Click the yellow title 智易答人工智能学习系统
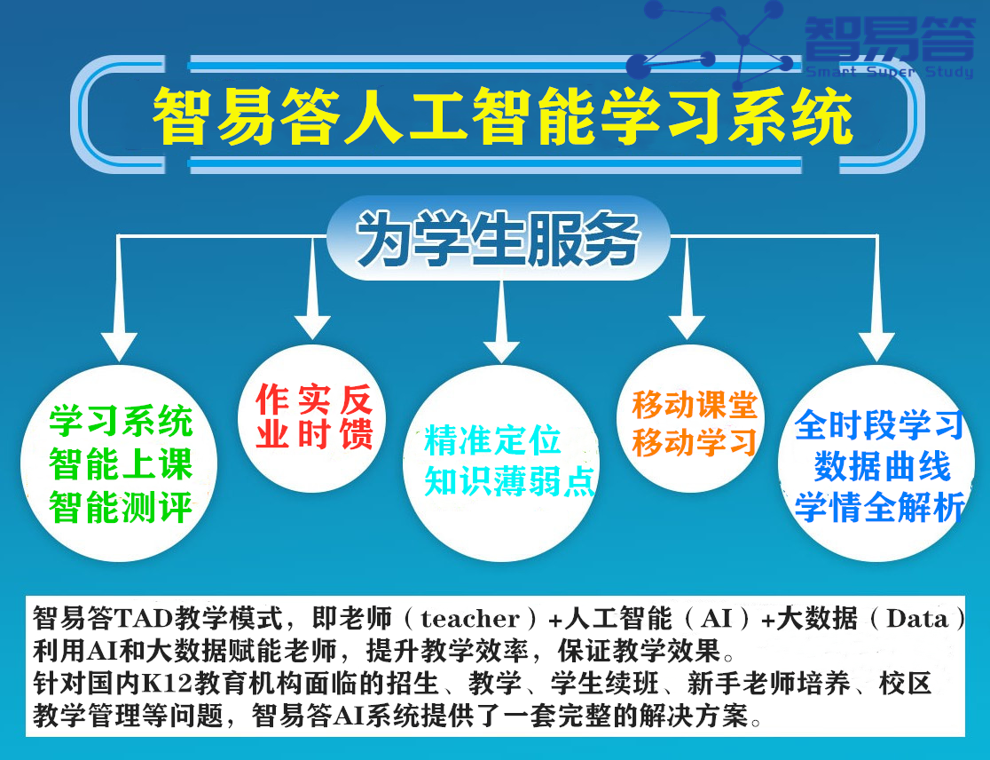point(503,116)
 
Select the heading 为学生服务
point(499,239)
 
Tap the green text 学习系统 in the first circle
point(121,421)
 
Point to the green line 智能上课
point(121,464)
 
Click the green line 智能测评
point(121,507)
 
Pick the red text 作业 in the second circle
point(271,417)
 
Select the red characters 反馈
point(357,417)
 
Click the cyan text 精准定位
point(492,440)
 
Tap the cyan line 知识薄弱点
point(509,481)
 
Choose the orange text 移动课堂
point(694,405)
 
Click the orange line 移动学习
point(694,442)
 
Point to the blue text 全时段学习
point(879,424)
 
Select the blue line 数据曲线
point(882,467)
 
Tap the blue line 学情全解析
point(879,507)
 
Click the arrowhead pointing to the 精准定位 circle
point(501,352)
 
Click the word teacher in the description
point(470,619)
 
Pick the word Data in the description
point(917,619)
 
